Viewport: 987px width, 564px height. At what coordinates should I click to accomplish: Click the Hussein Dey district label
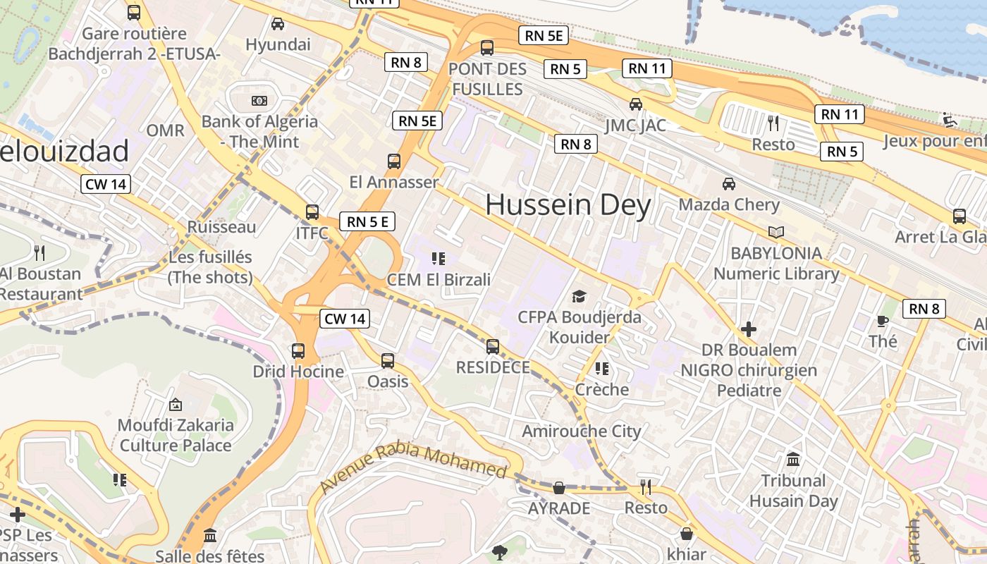click(x=568, y=205)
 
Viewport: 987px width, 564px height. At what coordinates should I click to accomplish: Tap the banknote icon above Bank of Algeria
click(x=259, y=101)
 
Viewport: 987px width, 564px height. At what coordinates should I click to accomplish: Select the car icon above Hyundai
click(x=278, y=24)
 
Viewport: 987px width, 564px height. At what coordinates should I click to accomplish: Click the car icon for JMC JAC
click(x=636, y=104)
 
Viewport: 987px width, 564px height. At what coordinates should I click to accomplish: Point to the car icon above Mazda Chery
click(x=729, y=184)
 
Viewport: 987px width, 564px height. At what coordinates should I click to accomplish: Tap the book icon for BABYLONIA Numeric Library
click(x=775, y=232)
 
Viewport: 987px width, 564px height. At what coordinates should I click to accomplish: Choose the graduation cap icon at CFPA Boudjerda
click(x=579, y=296)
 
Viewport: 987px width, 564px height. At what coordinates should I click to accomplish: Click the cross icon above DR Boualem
click(x=749, y=329)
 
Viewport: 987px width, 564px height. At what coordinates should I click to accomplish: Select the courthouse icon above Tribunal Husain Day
click(x=793, y=460)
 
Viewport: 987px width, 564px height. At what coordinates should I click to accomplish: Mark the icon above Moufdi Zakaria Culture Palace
click(x=176, y=405)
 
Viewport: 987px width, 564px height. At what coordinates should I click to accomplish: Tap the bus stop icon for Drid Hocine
click(x=298, y=350)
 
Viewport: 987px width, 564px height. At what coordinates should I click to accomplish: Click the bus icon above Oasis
click(x=388, y=361)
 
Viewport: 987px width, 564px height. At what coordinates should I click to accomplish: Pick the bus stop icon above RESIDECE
click(x=493, y=346)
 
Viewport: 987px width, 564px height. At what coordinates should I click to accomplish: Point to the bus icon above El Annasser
click(x=394, y=161)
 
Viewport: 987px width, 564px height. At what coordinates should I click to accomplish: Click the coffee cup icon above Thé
click(x=882, y=321)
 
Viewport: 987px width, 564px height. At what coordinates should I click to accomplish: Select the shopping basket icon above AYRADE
click(x=559, y=487)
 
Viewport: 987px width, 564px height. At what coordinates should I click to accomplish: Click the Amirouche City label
click(x=582, y=431)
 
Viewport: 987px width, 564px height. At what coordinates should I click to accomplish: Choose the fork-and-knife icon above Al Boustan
click(x=39, y=252)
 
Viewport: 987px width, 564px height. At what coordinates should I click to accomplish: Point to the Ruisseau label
click(x=221, y=227)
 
